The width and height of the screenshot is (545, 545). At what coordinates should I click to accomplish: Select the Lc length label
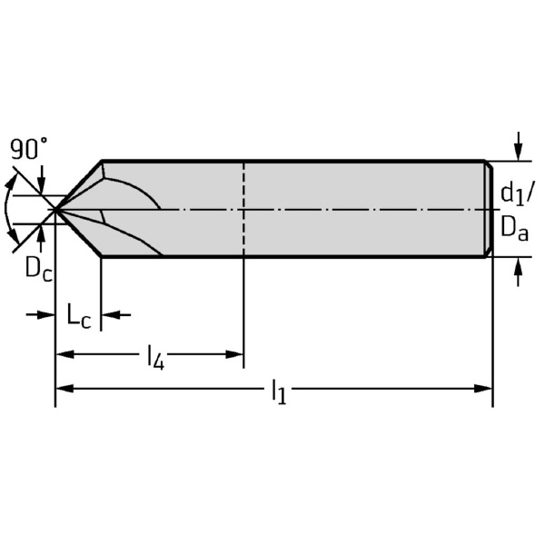click(78, 316)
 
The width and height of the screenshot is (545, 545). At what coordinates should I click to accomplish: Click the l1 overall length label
click(278, 391)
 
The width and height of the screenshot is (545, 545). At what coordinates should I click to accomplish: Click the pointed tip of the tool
click(54, 210)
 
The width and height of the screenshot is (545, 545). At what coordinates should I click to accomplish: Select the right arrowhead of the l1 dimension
click(485, 388)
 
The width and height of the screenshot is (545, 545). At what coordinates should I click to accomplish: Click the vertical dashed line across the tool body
click(244, 210)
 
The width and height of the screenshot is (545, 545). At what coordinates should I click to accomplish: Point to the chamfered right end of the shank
click(489, 210)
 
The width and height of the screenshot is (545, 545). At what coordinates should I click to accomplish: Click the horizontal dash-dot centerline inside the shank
click(363, 210)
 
